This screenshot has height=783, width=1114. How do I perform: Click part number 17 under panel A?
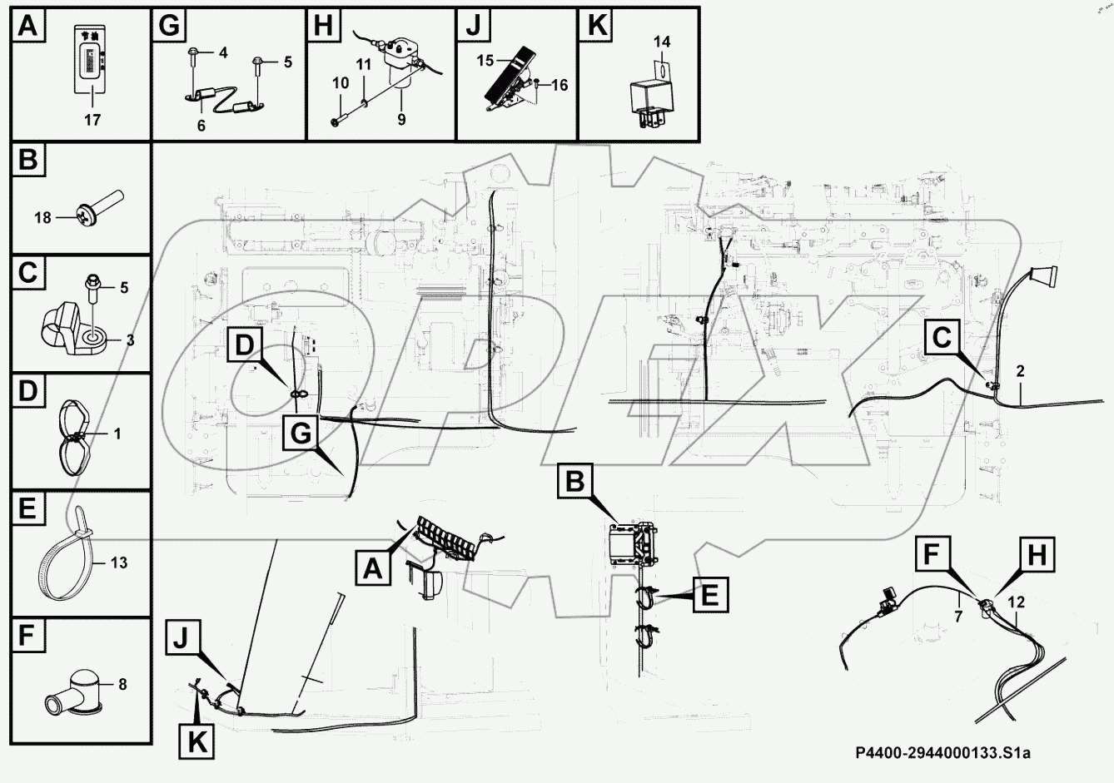coord(92,120)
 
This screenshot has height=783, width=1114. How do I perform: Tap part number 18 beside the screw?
coord(42,218)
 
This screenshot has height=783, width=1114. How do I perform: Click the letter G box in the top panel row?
coord(169,26)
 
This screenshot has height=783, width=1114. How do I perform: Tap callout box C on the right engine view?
coord(942,339)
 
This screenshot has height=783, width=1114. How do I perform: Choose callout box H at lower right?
coord(1037,553)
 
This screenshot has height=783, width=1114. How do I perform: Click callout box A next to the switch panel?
coord(372,569)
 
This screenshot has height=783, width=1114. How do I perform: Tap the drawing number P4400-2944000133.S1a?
coord(942,754)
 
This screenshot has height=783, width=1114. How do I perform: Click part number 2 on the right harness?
coord(1020,371)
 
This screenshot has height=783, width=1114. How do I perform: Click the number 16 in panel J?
coord(559,85)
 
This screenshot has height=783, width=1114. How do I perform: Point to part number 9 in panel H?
coord(401,120)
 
